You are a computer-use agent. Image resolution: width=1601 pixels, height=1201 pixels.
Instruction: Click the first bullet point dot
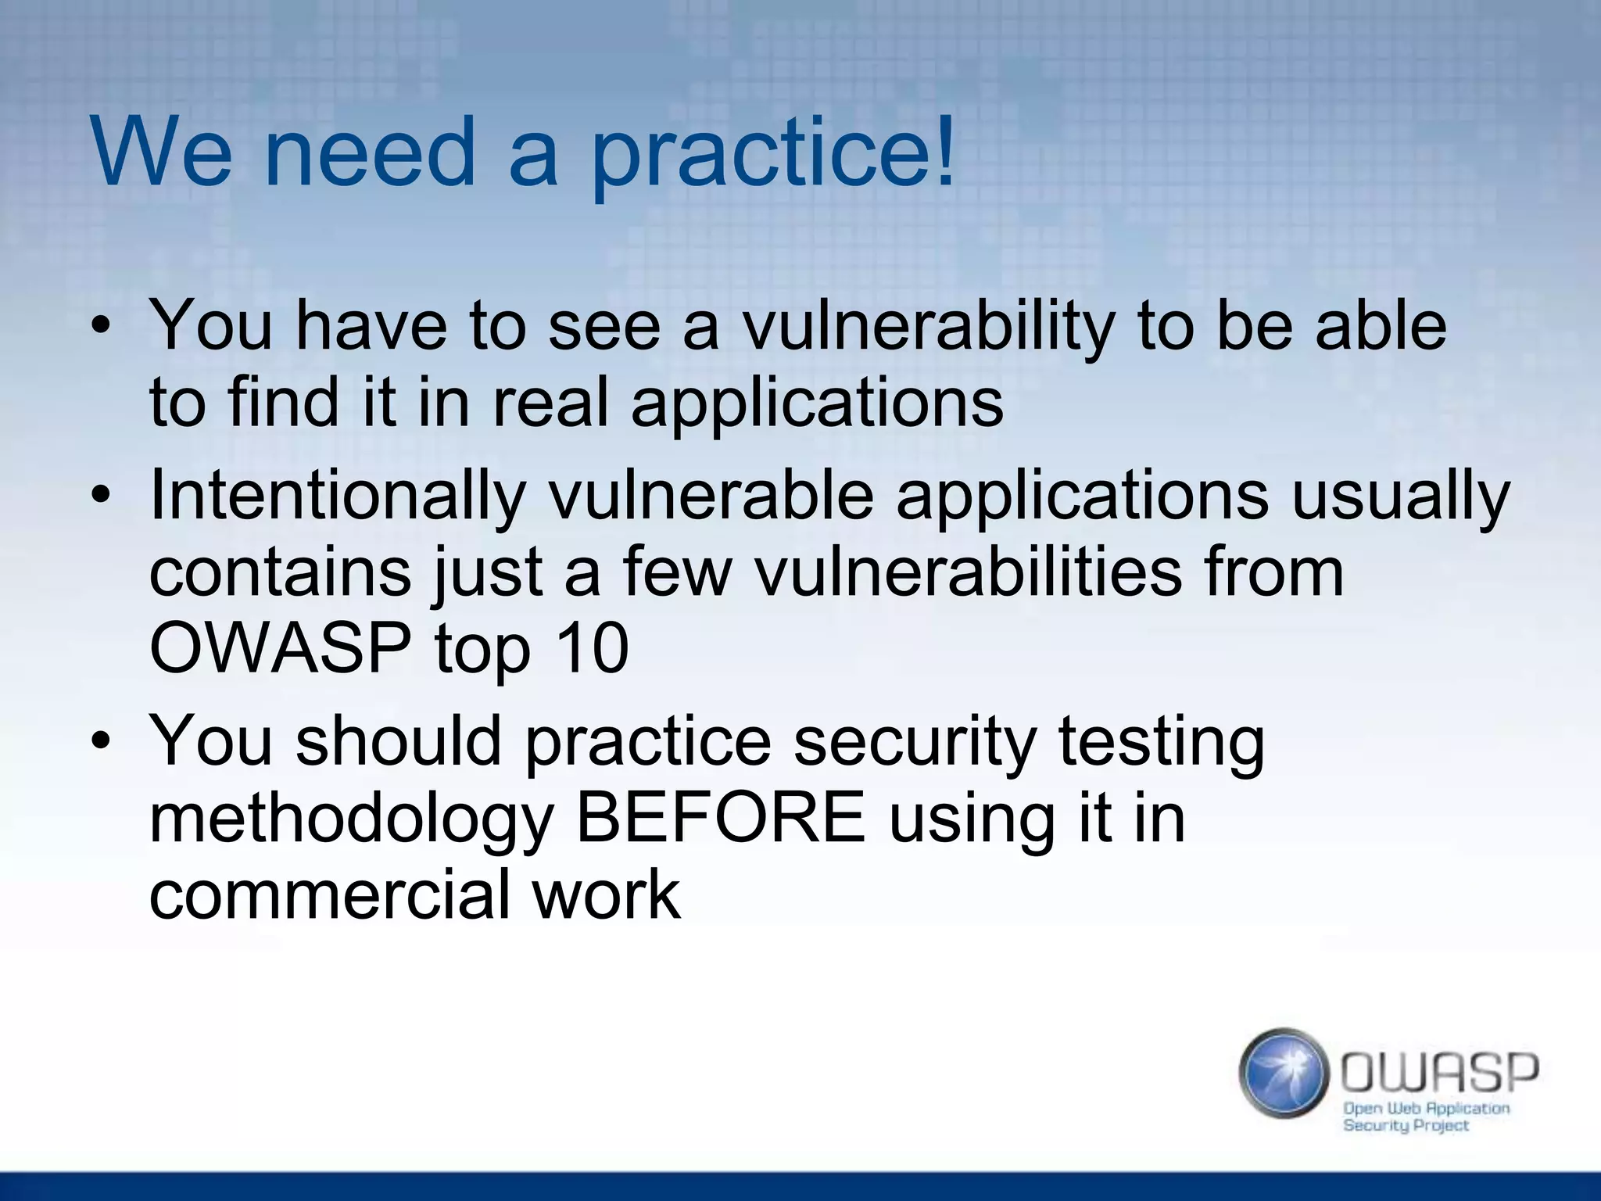[x=100, y=326]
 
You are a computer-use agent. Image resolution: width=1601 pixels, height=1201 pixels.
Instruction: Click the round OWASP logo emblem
[x=1284, y=1074]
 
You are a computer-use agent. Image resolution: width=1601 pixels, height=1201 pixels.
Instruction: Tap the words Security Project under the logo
[x=1406, y=1126]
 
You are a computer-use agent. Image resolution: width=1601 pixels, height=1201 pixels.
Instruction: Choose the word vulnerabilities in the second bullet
[x=968, y=572]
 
